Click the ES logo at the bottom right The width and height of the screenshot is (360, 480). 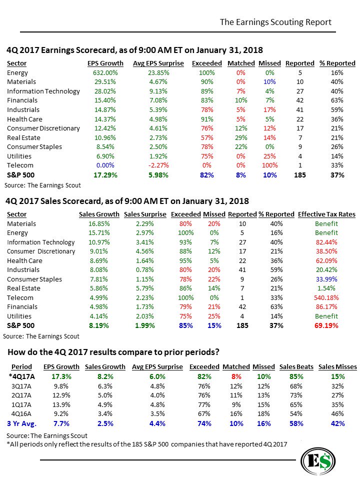pyautogui.click(x=318, y=461)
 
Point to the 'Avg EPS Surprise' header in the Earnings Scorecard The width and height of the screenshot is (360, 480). pyautogui.click(x=158, y=63)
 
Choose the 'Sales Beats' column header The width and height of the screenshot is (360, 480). pyautogui.click(x=296, y=367)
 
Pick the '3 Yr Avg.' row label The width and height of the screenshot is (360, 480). pyautogui.click(x=21, y=423)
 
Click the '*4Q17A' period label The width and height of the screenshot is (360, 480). pyautogui.click(x=21, y=376)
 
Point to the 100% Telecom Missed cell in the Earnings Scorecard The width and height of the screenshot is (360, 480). pyautogui.click(x=269, y=165)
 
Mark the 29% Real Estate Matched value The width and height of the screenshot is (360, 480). pyautogui.click(x=241, y=137)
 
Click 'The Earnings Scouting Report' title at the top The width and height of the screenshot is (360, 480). pyautogui.click(x=275, y=22)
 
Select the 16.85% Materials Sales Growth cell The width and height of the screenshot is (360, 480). pyautogui.click(x=99, y=223)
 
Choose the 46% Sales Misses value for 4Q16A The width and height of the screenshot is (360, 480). pyautogui.click(x=337, y=414)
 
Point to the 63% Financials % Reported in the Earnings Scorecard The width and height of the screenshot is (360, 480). pyautogui.click(x=337, y=100)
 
